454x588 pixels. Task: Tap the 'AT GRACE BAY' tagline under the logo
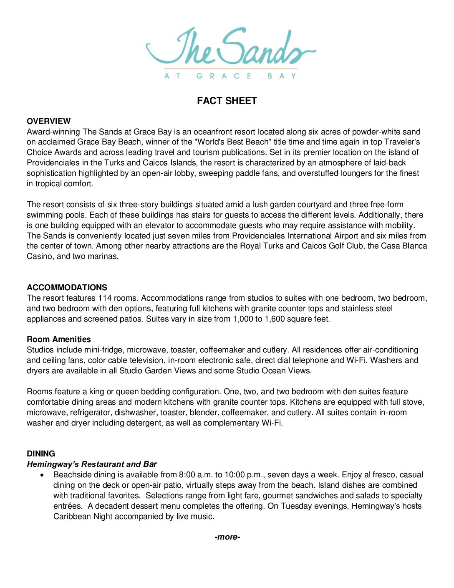coord(230,76)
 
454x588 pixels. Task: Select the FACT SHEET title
coord(227,101)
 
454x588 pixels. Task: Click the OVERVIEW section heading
coord(49,121)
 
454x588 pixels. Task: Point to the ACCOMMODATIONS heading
coord(67,287)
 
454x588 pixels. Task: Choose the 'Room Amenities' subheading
coord(59,339)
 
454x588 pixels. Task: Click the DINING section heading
coord(41,454)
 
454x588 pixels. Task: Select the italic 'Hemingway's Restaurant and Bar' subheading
coord(92,464)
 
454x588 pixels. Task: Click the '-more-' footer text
coord(227,537)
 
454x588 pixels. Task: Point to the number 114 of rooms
coord(105,298)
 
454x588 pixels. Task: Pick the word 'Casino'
coord(39,256)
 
